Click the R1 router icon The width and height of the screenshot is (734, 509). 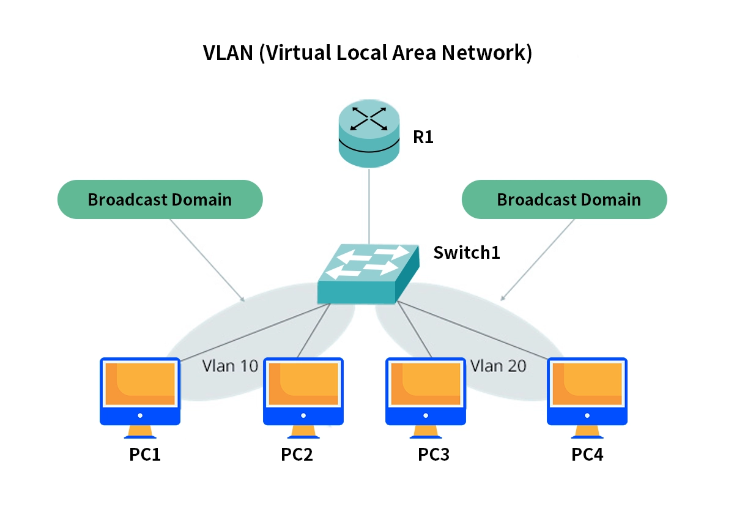point(368,133)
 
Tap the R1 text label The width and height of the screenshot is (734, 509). point(423,137)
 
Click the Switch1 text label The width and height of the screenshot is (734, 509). point(467,252)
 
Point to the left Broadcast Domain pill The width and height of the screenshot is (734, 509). point(160,199)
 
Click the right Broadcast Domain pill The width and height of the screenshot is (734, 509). point(564,199)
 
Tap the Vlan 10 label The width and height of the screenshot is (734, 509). point(230,366)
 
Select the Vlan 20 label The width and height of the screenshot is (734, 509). point(498,366)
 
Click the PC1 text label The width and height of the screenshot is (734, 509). point(145,455)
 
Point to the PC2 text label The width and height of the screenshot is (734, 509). point(297,455)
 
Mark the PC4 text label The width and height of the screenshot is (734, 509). point(587,455)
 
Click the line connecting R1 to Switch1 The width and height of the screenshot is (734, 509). point(369,205)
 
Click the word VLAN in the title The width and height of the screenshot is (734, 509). point(228,53)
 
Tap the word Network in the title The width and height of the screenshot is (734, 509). point(483,53)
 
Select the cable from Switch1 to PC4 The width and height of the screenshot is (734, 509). point(477,330)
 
